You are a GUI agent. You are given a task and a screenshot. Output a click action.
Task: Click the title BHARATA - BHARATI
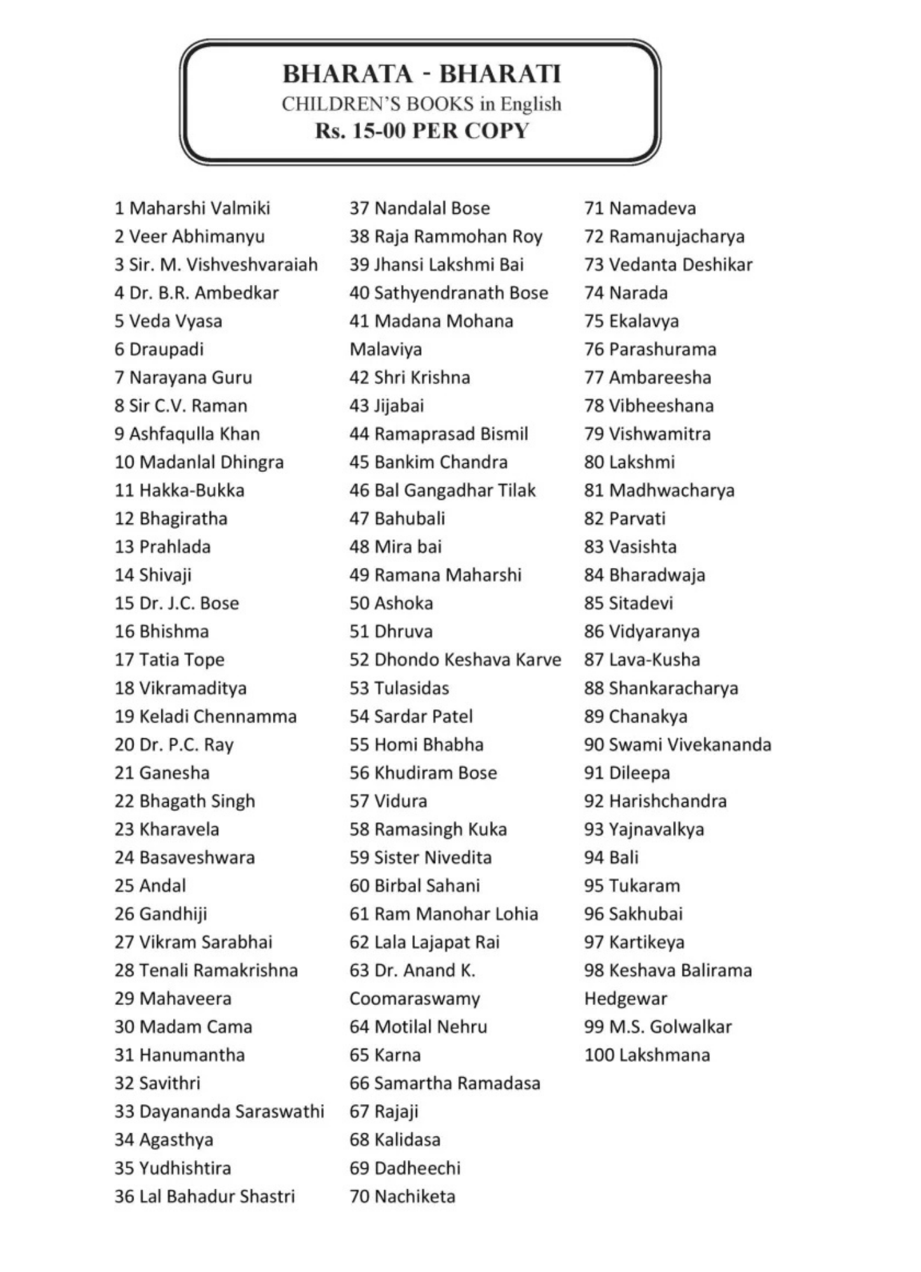tap(422, 74)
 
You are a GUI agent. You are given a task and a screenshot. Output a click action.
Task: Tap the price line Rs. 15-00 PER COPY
tap(422, 131)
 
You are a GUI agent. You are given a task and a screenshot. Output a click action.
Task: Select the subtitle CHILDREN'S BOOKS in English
tap(422, 104)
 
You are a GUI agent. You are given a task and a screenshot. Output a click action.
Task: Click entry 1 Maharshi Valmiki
tap(192, 209)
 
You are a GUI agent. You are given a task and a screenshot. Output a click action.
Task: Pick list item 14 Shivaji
tap(153, 575)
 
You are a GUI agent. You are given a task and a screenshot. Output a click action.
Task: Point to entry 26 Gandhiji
tap(161, 914)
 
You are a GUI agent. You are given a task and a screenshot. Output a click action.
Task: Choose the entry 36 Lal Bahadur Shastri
tap(205, 1196)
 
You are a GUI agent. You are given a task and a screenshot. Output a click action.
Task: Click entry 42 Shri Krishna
tap(410, 378)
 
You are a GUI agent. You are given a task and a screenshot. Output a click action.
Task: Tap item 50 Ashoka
tap(391, 604)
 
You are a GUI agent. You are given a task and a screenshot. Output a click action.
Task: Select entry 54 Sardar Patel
tap(411, 717)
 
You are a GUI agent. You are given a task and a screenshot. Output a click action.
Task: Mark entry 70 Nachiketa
tap(402, 1196)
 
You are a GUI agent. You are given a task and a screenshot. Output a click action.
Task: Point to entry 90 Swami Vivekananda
tap(677, 745)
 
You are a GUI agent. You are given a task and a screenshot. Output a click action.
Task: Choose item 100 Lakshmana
tap(647, 1055)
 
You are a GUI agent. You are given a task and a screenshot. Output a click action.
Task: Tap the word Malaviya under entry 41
tap(385, 350)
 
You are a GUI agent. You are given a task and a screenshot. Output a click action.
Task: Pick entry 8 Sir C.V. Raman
tap(181, 406)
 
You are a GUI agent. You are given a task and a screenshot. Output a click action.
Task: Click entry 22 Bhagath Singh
tap(184, 801)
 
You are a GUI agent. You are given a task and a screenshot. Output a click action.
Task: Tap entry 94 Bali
tap(611, 858)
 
